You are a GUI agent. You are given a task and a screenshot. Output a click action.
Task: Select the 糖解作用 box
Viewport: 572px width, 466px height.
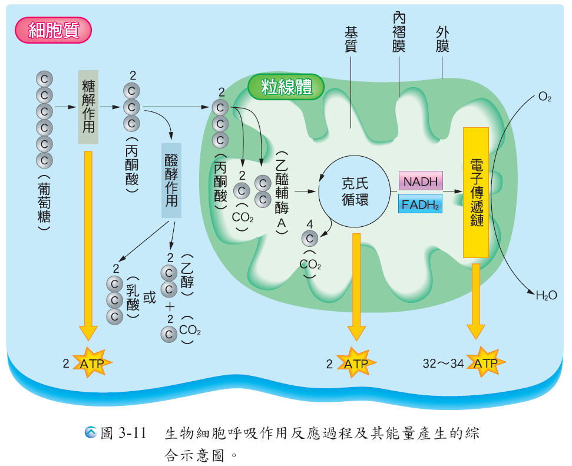(88, 107)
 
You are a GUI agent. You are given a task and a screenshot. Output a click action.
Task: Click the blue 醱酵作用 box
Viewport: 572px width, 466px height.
(171, 180)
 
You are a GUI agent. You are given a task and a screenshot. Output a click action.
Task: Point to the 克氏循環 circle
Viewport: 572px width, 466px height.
(355, 191)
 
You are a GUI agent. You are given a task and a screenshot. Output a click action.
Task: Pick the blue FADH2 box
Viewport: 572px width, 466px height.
(420, 204)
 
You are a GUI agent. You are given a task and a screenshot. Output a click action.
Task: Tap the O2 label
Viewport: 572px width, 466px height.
(544, 97)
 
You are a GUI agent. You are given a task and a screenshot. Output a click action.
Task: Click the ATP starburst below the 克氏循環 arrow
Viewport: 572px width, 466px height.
(355, 363)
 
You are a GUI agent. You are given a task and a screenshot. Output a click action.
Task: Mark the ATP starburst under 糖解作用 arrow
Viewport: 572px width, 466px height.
(89, 363)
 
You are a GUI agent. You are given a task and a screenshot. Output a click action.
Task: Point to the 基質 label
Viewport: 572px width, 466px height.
(351, 39)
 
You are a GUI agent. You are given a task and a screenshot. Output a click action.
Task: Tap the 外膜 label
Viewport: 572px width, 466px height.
(442, 39)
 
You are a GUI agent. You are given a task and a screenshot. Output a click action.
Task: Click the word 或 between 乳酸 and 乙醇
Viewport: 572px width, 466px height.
(150, 298)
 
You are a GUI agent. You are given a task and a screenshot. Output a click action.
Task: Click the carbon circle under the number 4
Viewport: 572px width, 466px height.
(310, 238)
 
